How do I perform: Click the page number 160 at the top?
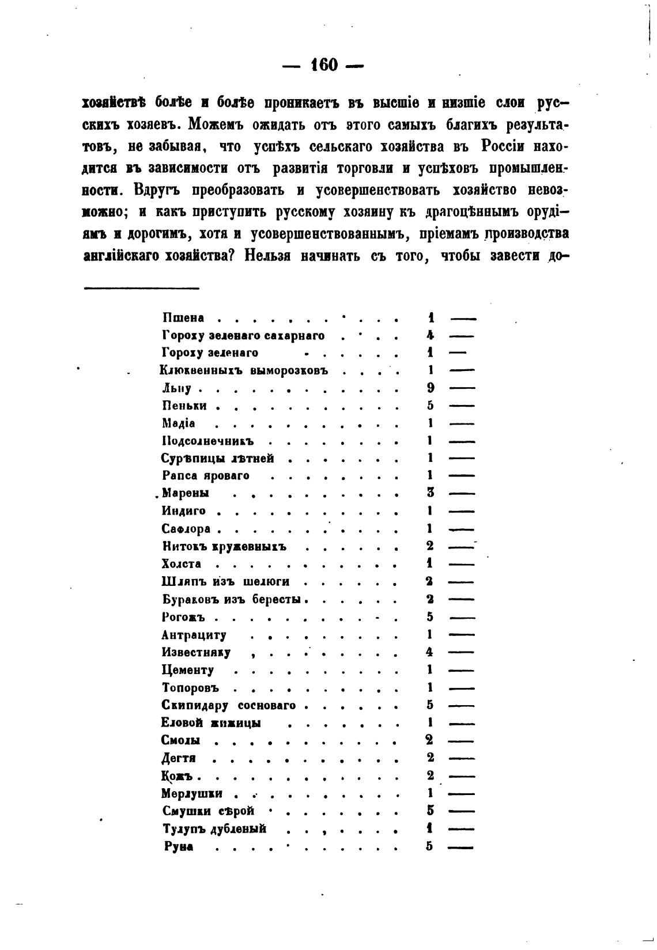click(323, 65)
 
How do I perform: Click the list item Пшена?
click(183, 318)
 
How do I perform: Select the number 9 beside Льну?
click(431, 388)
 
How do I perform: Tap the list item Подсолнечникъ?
click(208, 441)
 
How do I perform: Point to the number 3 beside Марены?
click(431, 493)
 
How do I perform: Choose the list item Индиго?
click(184, 511)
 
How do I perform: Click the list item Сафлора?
click(186, 529)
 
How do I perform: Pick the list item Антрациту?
click(194, 635)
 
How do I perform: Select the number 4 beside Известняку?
click(429, 652)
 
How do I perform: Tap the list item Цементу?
click(188, 670)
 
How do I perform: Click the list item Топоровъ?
click(191, 688)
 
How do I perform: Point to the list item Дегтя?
click(179, 758)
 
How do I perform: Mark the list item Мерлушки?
click(192, 793)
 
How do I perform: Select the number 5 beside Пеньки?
click(431, 406)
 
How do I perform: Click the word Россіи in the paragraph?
click(503, 147)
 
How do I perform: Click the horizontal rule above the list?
click(141, 288)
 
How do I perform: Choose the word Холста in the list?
click(182, 564)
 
